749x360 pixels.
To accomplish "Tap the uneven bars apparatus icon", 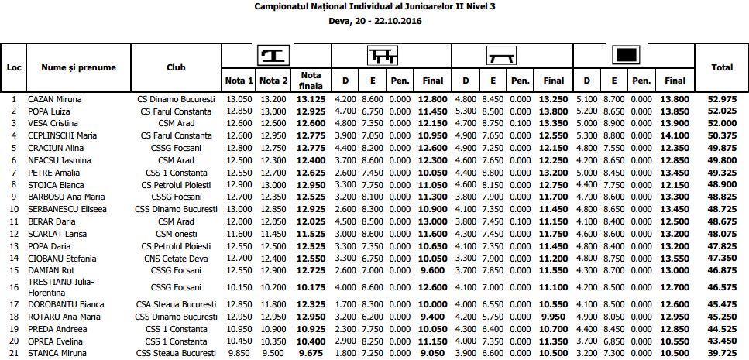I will point(382,55).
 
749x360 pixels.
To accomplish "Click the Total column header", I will point(722,67).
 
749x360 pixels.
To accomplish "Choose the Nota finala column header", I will point(311,80).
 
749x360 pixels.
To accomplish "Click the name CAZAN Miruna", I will point(55,99).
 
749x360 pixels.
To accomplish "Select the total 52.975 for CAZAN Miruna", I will point(722,99).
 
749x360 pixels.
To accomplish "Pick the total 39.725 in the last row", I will point(722,354).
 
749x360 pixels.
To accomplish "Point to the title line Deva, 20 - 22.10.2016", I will point(375,21).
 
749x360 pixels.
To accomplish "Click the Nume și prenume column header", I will point(79,67).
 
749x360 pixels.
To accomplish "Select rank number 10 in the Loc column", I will point(14,209).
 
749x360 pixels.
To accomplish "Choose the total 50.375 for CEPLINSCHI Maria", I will point(722,135).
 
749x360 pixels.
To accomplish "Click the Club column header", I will point(176,67).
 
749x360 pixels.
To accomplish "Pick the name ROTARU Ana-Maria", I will point(62,317).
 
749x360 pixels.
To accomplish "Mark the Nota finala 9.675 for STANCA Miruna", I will point(311,354).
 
